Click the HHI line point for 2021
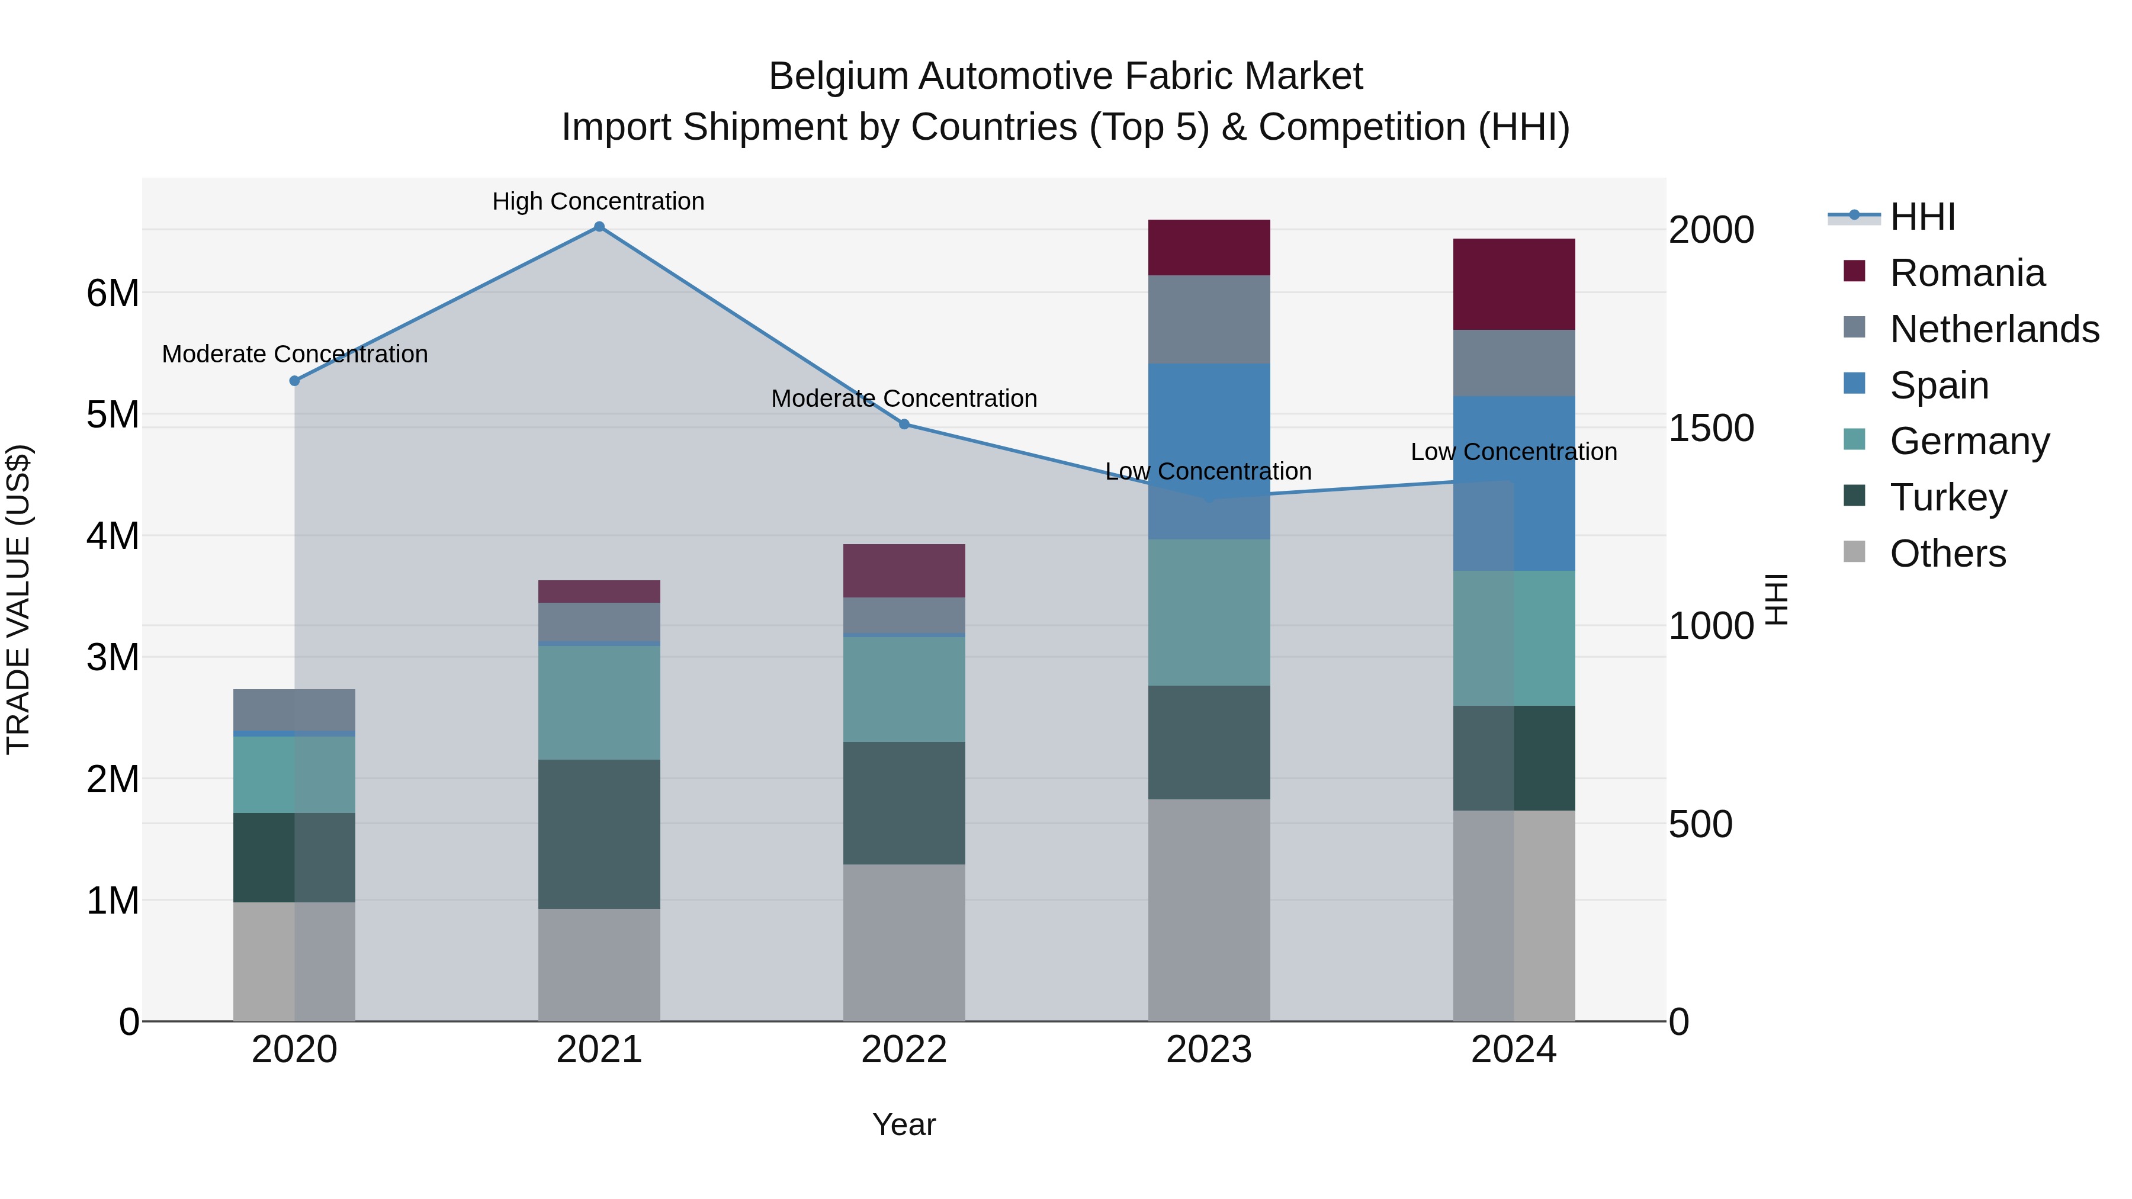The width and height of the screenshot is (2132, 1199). click(x=599, y=227)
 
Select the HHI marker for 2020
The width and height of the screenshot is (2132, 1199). click(x=295, y=381)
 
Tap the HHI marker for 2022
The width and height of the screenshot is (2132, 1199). click(x=904, y=425)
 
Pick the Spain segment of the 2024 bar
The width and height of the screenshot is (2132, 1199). click(x=1514, y=483)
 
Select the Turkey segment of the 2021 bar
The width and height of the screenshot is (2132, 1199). click(x=599, y=834)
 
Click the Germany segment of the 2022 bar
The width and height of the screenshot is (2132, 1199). click(x=904, y=689)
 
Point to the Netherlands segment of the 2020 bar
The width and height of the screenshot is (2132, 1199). click(x=295, y=710)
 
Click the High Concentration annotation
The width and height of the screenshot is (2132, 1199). click(x=598, y=202)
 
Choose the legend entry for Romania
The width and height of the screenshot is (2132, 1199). click(x=1966, y=273)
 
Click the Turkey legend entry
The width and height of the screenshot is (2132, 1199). click(x=1948, y=497)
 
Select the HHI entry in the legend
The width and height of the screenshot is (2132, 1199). click(x=1922, y=217)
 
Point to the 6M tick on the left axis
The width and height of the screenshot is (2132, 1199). click(x=113, y=293)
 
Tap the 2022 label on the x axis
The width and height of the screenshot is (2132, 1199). click(x=904, y=1050)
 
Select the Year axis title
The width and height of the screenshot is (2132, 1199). click(x=904, y=1124)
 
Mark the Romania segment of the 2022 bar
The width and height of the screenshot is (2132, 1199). click(x=904, y=571)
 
